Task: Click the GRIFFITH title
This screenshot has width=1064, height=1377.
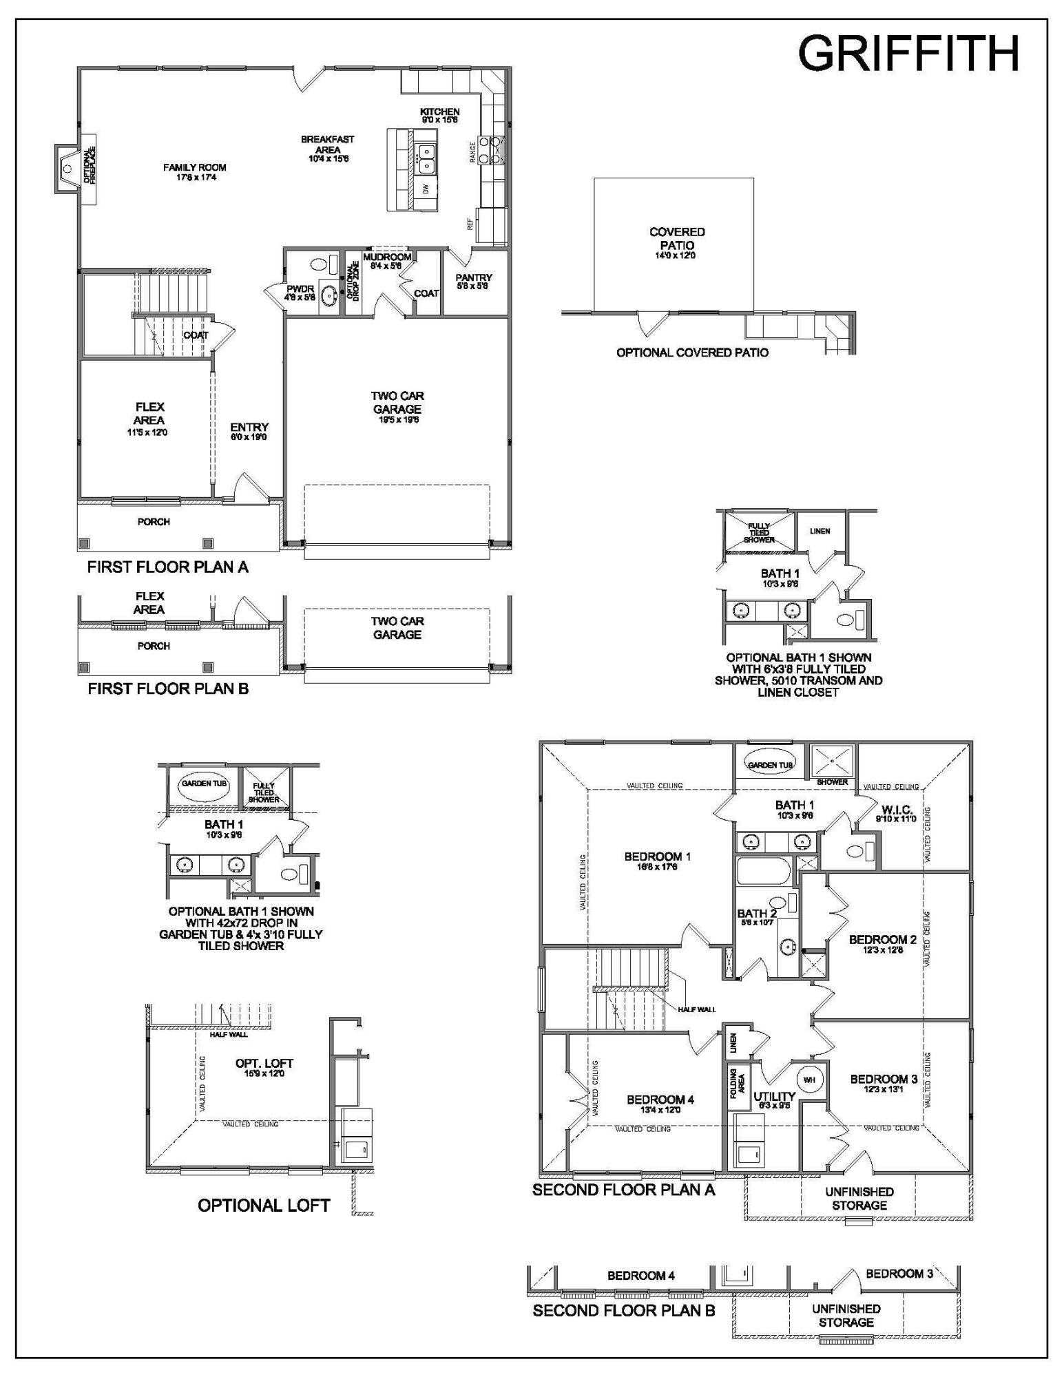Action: click(x=908, y=54)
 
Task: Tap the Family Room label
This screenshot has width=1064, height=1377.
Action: click(x=194, y=167)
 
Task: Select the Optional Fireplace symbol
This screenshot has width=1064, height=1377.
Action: click(x=67, y=169)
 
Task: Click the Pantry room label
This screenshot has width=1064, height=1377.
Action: click(x=474, y=277)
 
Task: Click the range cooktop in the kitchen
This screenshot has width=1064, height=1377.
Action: click(x=494, y=148)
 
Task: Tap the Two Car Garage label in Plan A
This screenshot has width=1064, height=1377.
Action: click(x=397, y=402)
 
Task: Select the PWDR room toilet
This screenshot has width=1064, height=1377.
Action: click(x=319, y=264)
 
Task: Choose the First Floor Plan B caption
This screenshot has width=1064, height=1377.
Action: click(x=167, y=688)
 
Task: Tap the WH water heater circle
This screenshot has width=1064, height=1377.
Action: click(x=809, y=1080)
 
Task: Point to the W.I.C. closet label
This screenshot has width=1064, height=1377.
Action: click(x=896, y=810)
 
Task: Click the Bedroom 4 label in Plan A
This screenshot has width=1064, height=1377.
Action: click(x=660, y=1100)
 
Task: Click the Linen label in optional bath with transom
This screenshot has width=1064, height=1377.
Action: click(x=820, y=531)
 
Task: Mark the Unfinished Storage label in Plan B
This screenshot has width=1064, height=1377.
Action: click(x=846, y=1315)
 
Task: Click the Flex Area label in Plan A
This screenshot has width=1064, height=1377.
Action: click(x=149, y=413)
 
